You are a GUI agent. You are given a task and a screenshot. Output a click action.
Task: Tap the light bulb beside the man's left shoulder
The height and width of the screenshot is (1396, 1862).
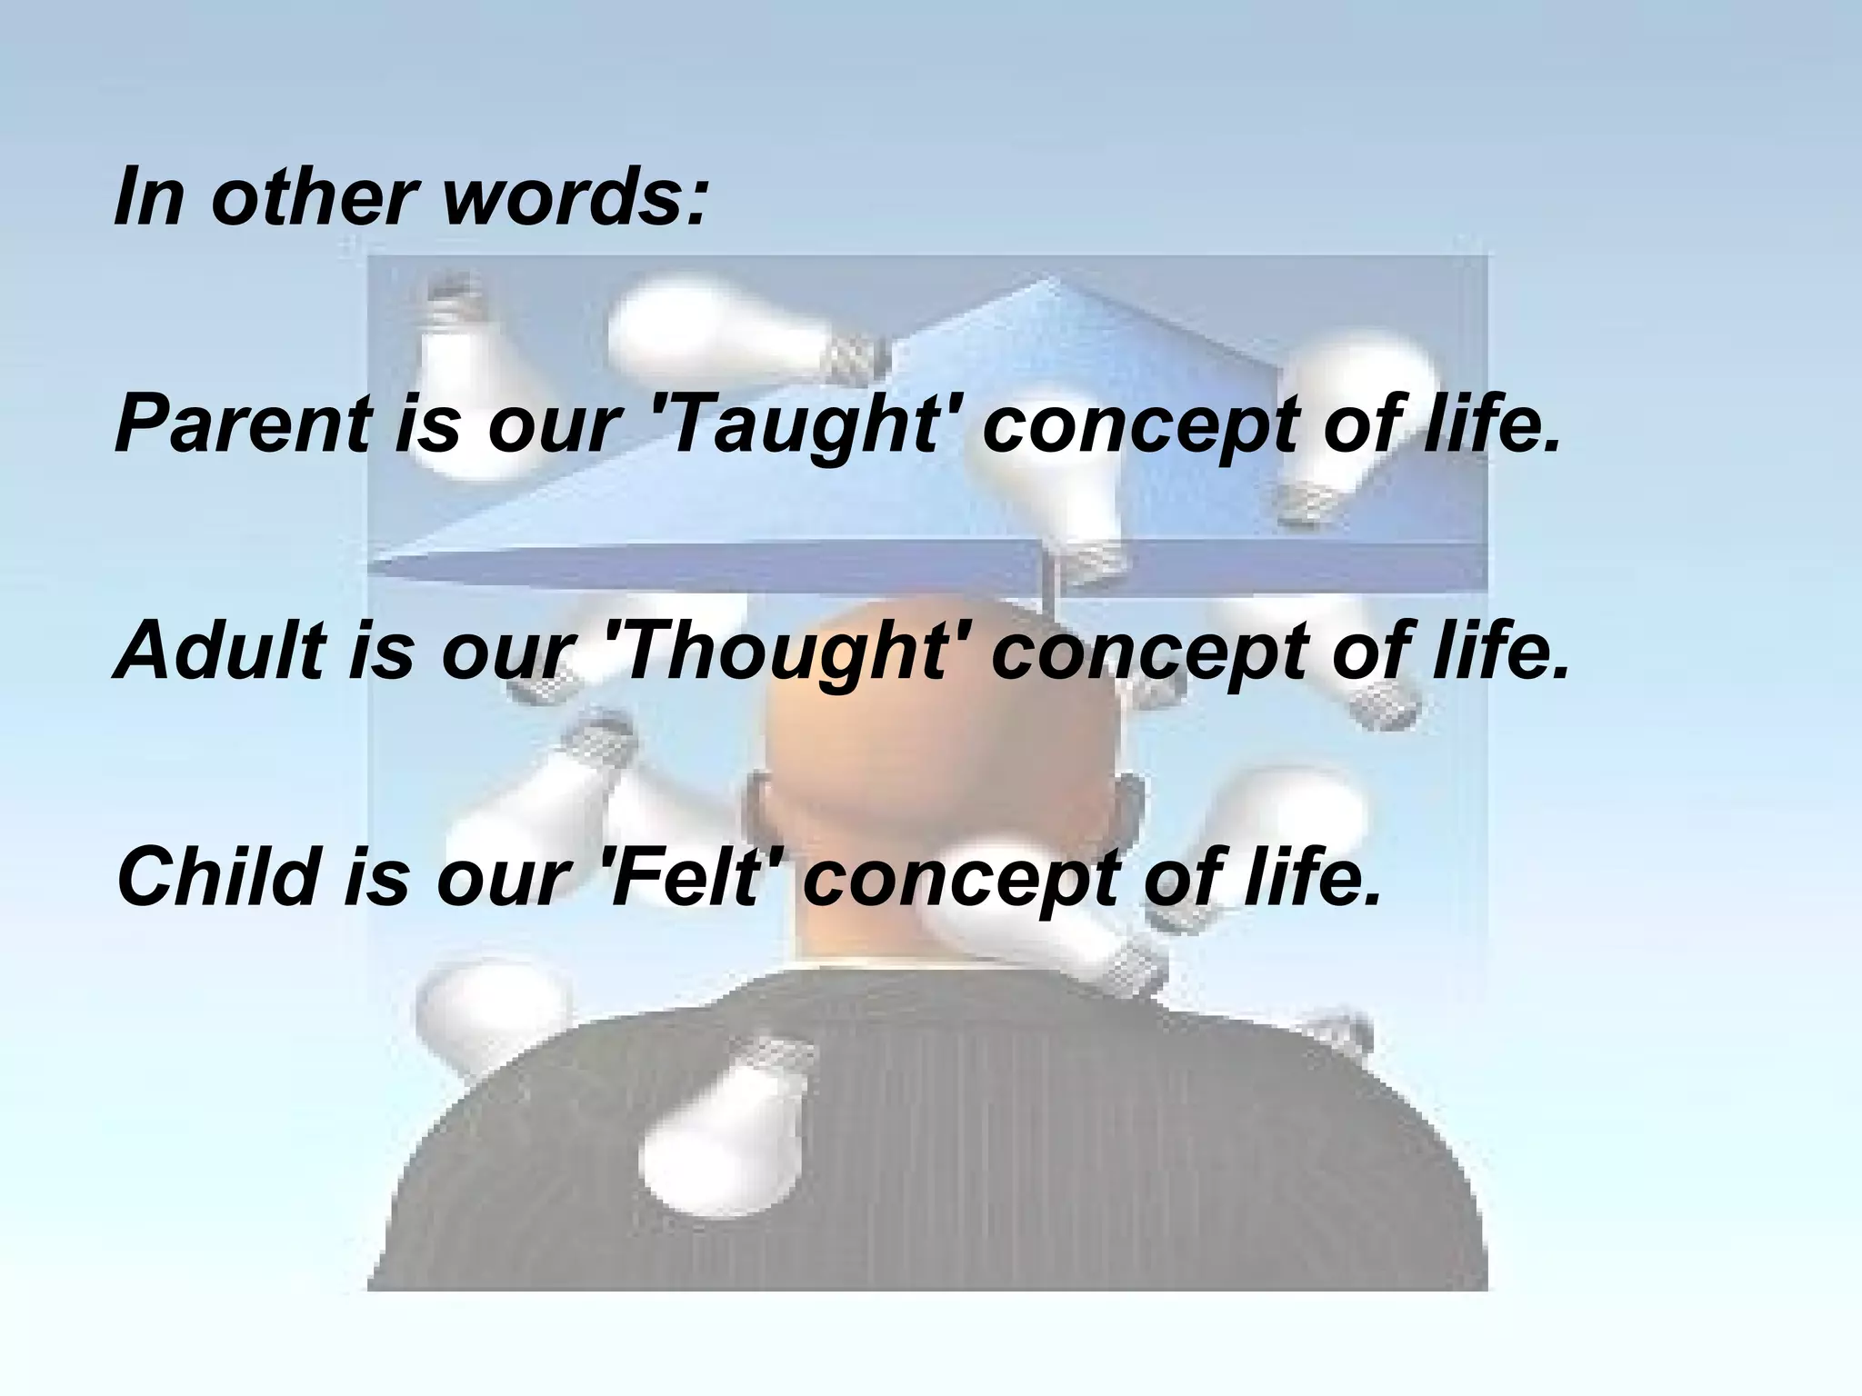tap(491, 1013)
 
